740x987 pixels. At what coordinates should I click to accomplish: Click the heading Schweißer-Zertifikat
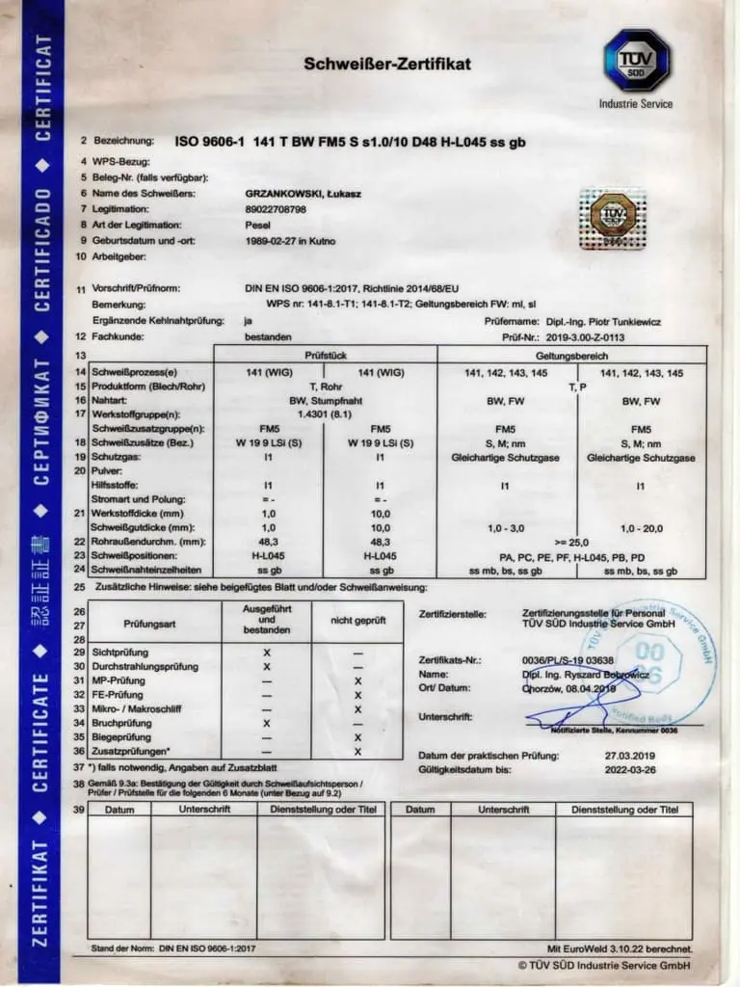(387, 65)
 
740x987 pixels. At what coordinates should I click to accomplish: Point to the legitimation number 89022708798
(277, 208)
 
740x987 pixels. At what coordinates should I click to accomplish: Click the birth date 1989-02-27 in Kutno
(291, 240)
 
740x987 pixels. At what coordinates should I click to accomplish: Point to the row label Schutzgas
(116, 458)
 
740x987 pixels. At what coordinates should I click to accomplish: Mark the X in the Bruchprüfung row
(267, 723)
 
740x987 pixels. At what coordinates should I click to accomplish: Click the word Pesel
(258, 225)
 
